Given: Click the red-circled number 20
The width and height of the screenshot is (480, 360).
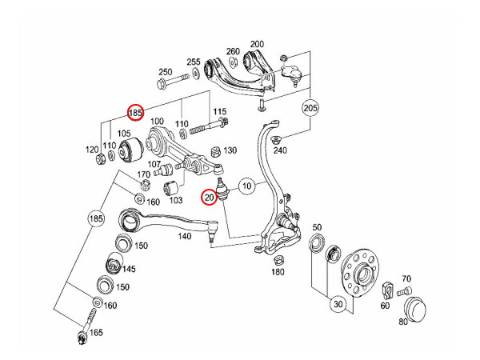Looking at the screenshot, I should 209,196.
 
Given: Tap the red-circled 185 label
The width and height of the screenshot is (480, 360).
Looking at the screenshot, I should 136,114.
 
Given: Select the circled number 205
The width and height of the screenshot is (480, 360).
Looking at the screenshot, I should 310,106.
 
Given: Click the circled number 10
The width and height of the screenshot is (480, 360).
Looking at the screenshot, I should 247,187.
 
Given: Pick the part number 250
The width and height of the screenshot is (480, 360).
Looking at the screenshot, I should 166,72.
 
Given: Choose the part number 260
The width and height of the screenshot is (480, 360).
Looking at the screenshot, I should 233,52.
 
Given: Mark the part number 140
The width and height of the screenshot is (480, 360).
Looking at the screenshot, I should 185,237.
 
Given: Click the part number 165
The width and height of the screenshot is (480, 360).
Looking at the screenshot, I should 97,332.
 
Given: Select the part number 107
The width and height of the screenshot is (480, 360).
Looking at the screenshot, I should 154,165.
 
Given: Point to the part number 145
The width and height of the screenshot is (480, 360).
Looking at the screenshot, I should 128,269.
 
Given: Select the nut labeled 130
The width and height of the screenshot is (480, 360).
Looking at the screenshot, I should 214,151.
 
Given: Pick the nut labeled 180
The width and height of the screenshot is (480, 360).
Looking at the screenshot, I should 278,261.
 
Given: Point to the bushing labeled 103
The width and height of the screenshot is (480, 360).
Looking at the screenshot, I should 170,189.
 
